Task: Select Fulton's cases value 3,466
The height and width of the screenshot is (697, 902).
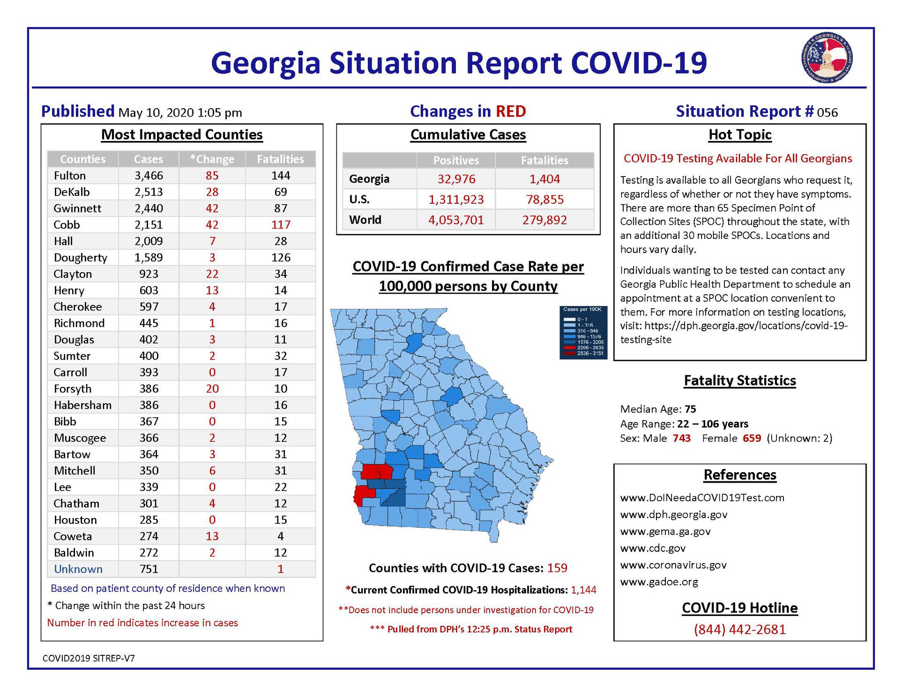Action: (x=149, y=176)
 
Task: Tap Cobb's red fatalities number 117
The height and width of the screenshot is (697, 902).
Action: (x=281, y=225)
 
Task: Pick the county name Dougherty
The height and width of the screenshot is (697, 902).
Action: (x=80, y=258)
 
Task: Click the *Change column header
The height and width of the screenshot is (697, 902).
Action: (x=212, y=159)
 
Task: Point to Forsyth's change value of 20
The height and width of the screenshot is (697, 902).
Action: (x=212, y=389)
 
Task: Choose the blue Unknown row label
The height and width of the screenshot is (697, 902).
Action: (x=78, y=569)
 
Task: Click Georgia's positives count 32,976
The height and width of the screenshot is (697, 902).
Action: (x=456, y=179)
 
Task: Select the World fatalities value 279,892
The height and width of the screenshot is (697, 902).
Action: (x=544, y=220)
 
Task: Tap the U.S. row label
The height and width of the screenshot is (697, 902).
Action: (x=359, y=200)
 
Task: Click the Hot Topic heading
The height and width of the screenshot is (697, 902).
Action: (x=740, y=135)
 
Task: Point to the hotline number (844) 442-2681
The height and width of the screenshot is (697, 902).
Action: (x=740, y=629)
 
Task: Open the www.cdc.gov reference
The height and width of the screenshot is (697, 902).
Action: (x=653, y=548)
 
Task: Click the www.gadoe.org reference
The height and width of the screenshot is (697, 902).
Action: (x=659, y=582)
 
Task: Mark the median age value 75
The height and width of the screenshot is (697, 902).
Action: (x=690, y=409)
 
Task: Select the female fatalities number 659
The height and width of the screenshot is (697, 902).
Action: (x=752, y=438)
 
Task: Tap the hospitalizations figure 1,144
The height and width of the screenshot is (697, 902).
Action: (x=583, y=590)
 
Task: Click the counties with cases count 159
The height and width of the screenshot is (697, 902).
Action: (x=557, y=568)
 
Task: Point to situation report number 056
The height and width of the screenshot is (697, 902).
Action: (x=827, y=112)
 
